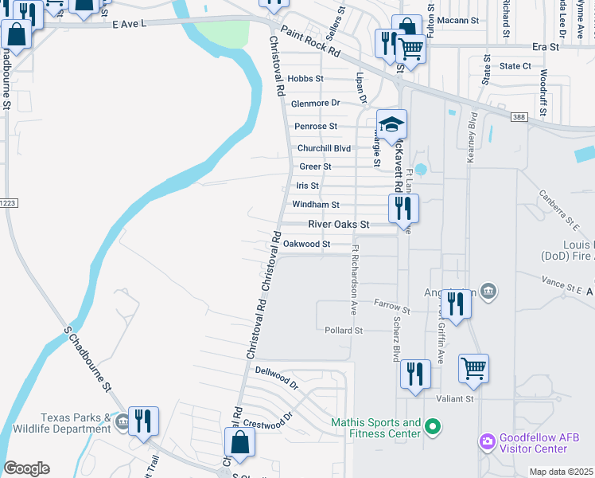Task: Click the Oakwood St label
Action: point(306,244)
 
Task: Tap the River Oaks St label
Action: point(339,225)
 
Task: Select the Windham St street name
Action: point(316,205)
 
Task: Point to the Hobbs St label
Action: point(305,79)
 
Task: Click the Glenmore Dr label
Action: point(315,103)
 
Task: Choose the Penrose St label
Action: point(316,126)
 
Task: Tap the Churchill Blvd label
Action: point(324,148)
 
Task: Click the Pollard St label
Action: point(344,330)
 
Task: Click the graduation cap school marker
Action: point(391,124)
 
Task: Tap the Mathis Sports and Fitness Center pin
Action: point(433,428)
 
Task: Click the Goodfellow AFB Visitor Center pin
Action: point(487,441)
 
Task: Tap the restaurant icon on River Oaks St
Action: point(403,209)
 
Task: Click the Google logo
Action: point(26,468)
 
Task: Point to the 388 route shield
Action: point(519,117)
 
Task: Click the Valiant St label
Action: point(455,398)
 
